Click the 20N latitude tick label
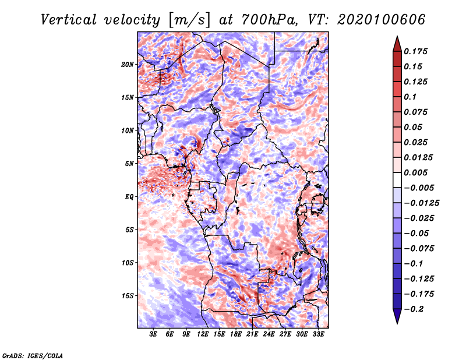128,64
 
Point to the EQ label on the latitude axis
129,197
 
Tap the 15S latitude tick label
128,296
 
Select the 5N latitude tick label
129,164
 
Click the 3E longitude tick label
154,335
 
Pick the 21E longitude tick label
252,335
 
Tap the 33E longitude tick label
318,335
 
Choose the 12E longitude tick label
203,335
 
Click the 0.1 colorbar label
411,97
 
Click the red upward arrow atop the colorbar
396,42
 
